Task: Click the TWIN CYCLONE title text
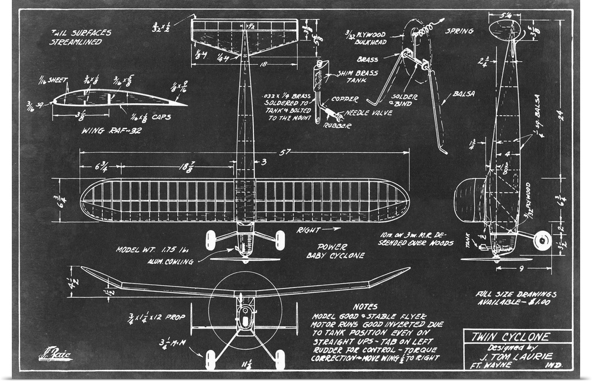pyautogui.click(x=510, y=337)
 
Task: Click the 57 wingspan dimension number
pyautogui.click(x=285, y=153)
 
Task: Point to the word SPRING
pyautogui.click(x=459, y=31)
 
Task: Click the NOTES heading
pyautogui.click(x=365, y=307)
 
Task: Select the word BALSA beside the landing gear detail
pyautogui.click(x=464, y=94)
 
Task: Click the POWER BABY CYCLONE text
pyautogui.click(x=334, y=251)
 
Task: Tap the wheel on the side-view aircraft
pyautogui.click(x=542, y=240)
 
